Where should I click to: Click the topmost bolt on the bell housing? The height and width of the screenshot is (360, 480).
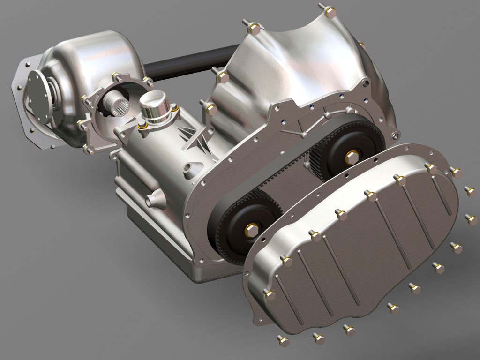(x=330, y=10)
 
